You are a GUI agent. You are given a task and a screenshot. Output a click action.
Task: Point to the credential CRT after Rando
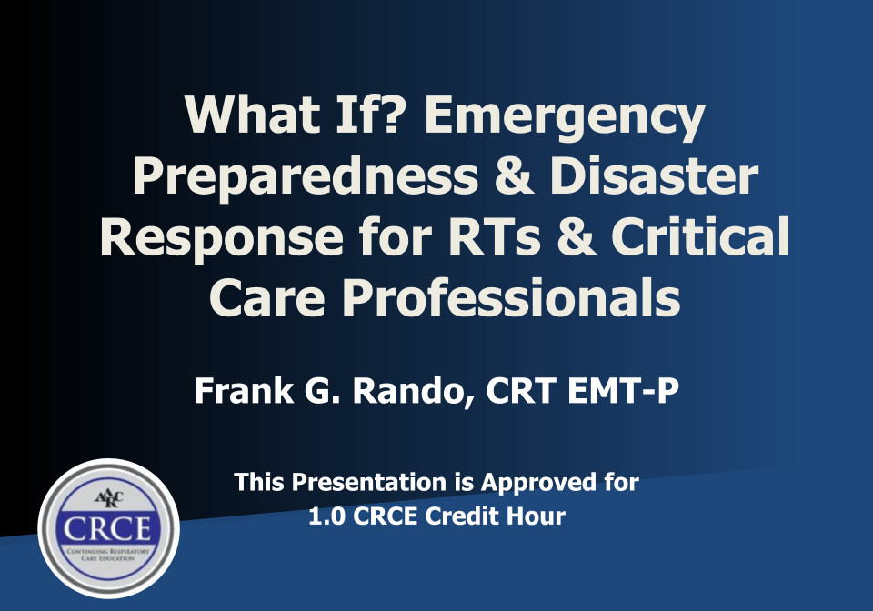[x=520, y=392]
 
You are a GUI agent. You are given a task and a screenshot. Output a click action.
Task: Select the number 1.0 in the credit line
[x=328, y=516]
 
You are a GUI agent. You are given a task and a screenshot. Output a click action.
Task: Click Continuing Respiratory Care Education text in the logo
[x=107, y=556]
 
